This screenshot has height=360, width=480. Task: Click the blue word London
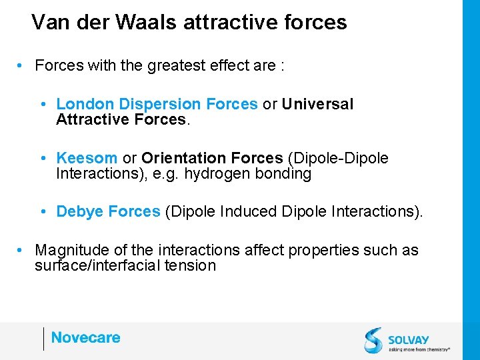[85, 104]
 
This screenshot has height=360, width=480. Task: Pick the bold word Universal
[317, 104]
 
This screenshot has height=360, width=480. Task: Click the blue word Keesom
[87, 158]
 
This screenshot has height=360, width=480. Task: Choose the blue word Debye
[80, 211]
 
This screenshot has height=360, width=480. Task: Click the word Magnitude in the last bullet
[71, 250]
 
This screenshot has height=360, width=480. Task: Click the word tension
[193, 265]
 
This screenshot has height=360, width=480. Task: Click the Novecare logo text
[85, 338]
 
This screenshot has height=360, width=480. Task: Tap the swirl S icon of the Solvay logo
[373, 340]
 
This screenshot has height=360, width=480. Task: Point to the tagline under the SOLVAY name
[419, 349]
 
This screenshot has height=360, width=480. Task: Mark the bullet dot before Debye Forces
[43, 212]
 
